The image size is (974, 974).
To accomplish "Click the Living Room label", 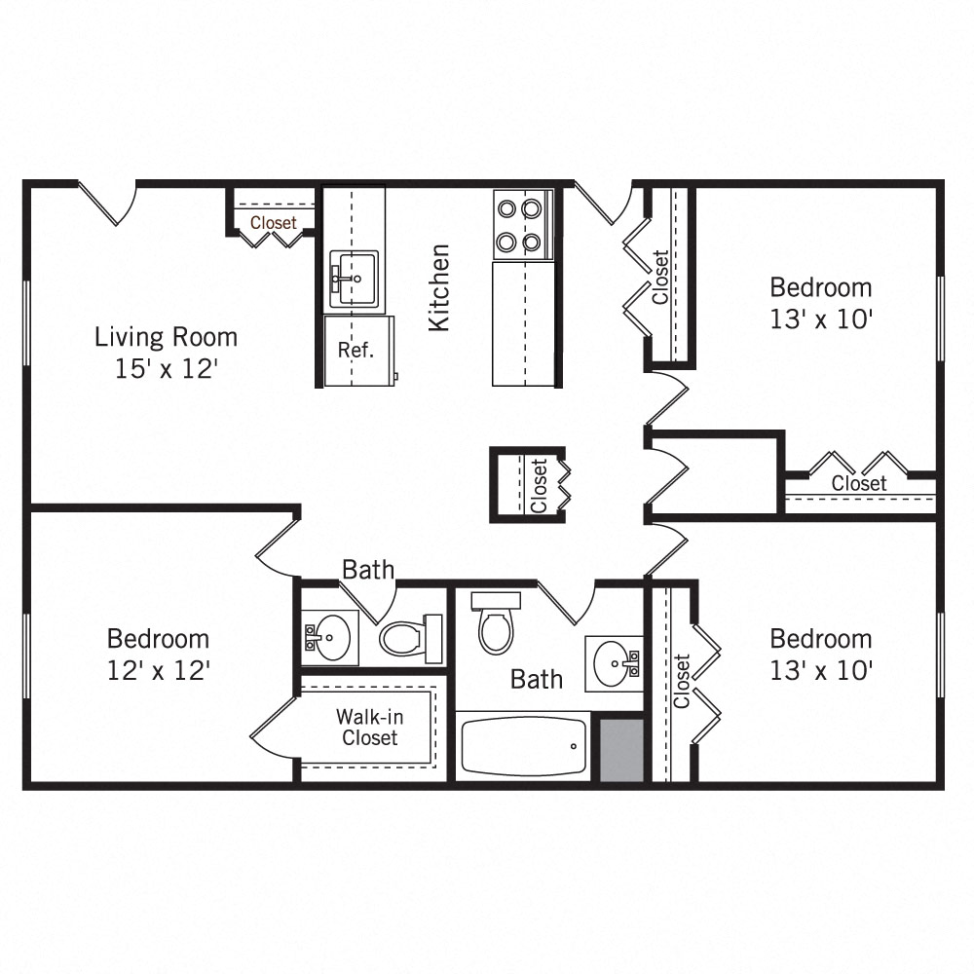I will pyautogui.click(x=166, y=337).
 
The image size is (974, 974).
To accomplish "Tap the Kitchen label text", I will pyautogui.click(x=440, y=287).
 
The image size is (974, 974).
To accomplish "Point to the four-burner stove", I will pyautogui.click(x=521, y=225).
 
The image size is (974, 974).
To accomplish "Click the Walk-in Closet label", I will pyautogui.click(x=370, y=727).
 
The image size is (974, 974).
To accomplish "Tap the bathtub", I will pyautogui.click(x=523, y=746).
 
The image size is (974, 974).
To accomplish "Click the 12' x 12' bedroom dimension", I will pyautogui.click(x=158, y=670).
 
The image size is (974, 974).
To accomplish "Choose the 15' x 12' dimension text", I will pyautogui.click(x=166, y=369).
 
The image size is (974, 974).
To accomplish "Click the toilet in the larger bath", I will pyautogui.click(x=496, y=626).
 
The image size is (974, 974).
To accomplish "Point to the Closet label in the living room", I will pyautogui.click(x=274, y=223).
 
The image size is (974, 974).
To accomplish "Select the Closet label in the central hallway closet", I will pyautogui.click(x=539, y=486).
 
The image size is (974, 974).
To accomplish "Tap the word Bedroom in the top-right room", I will pyautogui.click(x=820, y=288).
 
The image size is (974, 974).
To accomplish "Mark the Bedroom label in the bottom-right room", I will pyautogui.click(x=820, y=639).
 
